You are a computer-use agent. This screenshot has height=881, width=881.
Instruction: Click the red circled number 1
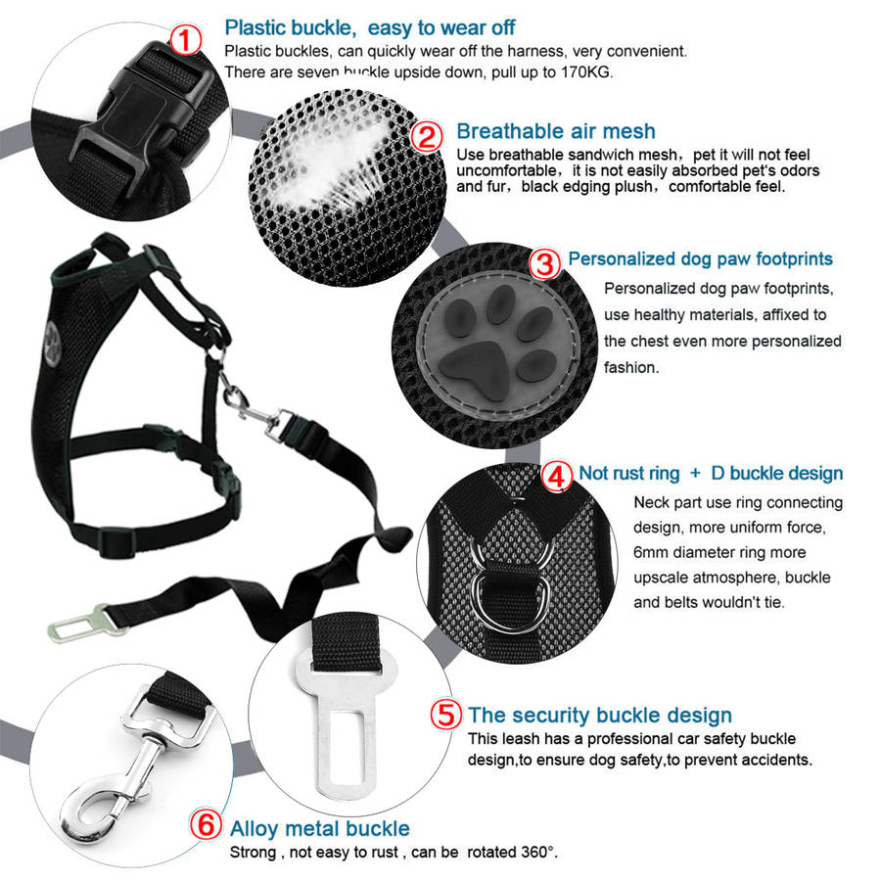click(x=185, y=41)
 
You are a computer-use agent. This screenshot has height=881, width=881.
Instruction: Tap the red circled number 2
click(x=427, y=136)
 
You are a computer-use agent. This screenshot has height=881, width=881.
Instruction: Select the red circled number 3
click(x=545, y=263)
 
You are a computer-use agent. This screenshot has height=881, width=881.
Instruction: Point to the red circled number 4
click(x=557, y=477)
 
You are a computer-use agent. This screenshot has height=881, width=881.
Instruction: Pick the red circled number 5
click(x=446, y=715)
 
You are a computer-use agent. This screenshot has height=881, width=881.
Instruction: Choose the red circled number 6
click(x=206, y=824)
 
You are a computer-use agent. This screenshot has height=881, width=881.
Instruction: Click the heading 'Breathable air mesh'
click(x=556, y=131)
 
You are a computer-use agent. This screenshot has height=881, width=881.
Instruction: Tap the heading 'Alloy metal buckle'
click(x=320, y=828)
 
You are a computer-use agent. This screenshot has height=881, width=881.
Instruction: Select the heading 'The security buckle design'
click(x=600, y=715)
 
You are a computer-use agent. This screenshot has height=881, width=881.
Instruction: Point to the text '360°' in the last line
click(x=538, y=852)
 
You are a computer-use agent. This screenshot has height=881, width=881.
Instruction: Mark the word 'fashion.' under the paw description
click(x=631, y=367)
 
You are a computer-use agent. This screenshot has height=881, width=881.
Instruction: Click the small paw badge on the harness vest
click(x=52, y=344)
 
